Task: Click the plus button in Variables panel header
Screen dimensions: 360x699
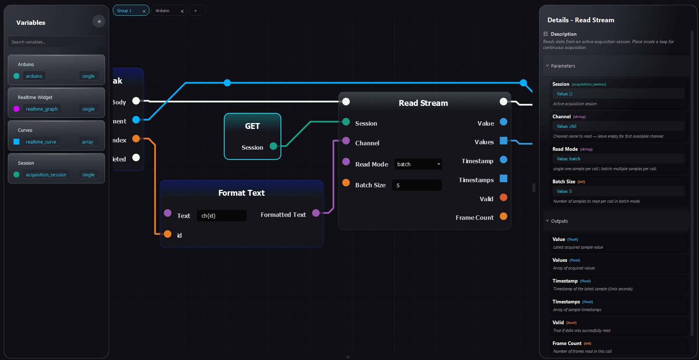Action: click(x=99, y=22)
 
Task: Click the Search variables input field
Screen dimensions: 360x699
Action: click(x=56, y=42)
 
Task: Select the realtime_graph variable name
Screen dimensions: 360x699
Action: click(x=42, y=109)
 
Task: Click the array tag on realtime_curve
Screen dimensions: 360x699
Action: click(x=88, y=142)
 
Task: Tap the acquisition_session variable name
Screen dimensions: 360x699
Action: click(x=46, y=175)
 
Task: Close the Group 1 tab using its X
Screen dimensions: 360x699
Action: click(x=144, y=11)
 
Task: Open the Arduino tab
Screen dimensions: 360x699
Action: click(x=163, y=11)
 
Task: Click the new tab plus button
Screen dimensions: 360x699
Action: click(x=195, y=11)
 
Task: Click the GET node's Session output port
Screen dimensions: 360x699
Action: click(x=273, y=146)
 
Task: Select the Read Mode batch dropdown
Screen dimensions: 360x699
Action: click(x=418, y=164)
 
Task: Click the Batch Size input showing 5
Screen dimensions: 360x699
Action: click(x=417, y=185)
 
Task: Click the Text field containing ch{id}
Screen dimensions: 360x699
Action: click(x=221, y=216)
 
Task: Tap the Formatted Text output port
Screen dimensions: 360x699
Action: click(x=316, y=213)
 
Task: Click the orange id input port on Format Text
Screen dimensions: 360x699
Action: click(x=168, y=234)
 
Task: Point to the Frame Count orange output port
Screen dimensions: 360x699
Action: click(x=503, y=216)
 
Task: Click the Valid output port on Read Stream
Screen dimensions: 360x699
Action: click(x=503, y=198)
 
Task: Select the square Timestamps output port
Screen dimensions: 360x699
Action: click(x=503, y=179)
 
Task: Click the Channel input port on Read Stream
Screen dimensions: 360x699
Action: click(x=346, y=141)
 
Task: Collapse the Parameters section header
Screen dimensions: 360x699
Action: click(x=562, y=66)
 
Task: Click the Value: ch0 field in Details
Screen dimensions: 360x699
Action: click(x=618, y=126)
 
